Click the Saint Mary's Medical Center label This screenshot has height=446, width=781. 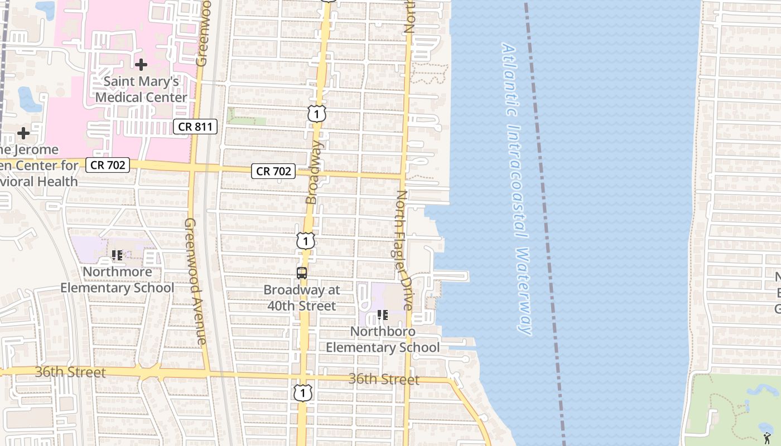(141, 89)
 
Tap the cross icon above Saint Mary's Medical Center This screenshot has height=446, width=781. (141, 65)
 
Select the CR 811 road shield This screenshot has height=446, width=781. (194, 127)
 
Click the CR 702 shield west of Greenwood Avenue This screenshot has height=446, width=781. (108, 164)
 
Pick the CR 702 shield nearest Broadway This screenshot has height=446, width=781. (273, 171)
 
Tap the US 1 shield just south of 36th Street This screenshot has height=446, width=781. (302, 393)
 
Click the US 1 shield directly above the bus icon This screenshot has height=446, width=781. (305, 241)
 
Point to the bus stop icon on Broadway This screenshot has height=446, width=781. (302, 273)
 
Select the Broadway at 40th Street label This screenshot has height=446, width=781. (302, 298)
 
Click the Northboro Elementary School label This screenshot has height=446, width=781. (383, 340)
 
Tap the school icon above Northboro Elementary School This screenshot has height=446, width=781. (383, 316)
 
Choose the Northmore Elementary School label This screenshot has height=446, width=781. (117, 280)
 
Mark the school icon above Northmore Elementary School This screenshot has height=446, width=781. (117, 255)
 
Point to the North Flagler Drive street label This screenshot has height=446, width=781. (404, 251)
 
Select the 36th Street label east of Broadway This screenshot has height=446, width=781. (384, 380)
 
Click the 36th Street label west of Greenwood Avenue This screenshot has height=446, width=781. (70, 372)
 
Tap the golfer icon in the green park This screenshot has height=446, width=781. (767, 430)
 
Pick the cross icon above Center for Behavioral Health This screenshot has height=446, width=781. (23, 133)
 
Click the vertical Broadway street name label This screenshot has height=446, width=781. (313, 173)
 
